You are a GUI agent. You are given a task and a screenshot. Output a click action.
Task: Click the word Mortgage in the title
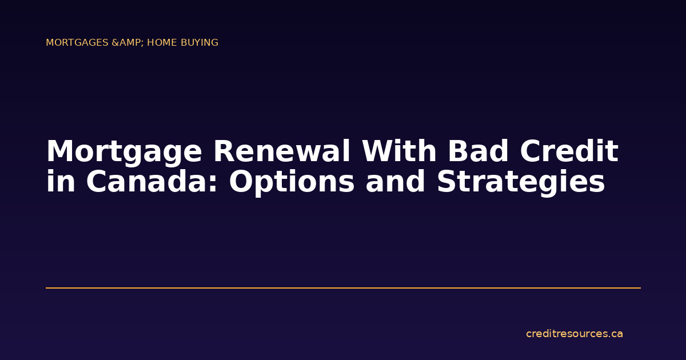tap(124, 153)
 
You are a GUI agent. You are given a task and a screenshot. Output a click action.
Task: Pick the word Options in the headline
tap(292, 182)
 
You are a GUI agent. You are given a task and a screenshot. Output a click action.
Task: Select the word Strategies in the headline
tap(521, 182)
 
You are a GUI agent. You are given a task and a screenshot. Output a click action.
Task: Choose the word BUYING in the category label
tap(200, 43)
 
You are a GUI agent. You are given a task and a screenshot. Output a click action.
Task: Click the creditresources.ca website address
tap(574, 334)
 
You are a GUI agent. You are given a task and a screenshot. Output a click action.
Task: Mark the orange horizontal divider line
tap(343, 288)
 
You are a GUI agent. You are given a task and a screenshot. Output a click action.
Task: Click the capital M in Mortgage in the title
tap(59, 153)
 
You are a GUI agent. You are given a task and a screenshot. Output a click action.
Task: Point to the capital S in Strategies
tap(447, 182)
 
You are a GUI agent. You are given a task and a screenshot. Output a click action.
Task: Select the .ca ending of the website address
tap(615, 334)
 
